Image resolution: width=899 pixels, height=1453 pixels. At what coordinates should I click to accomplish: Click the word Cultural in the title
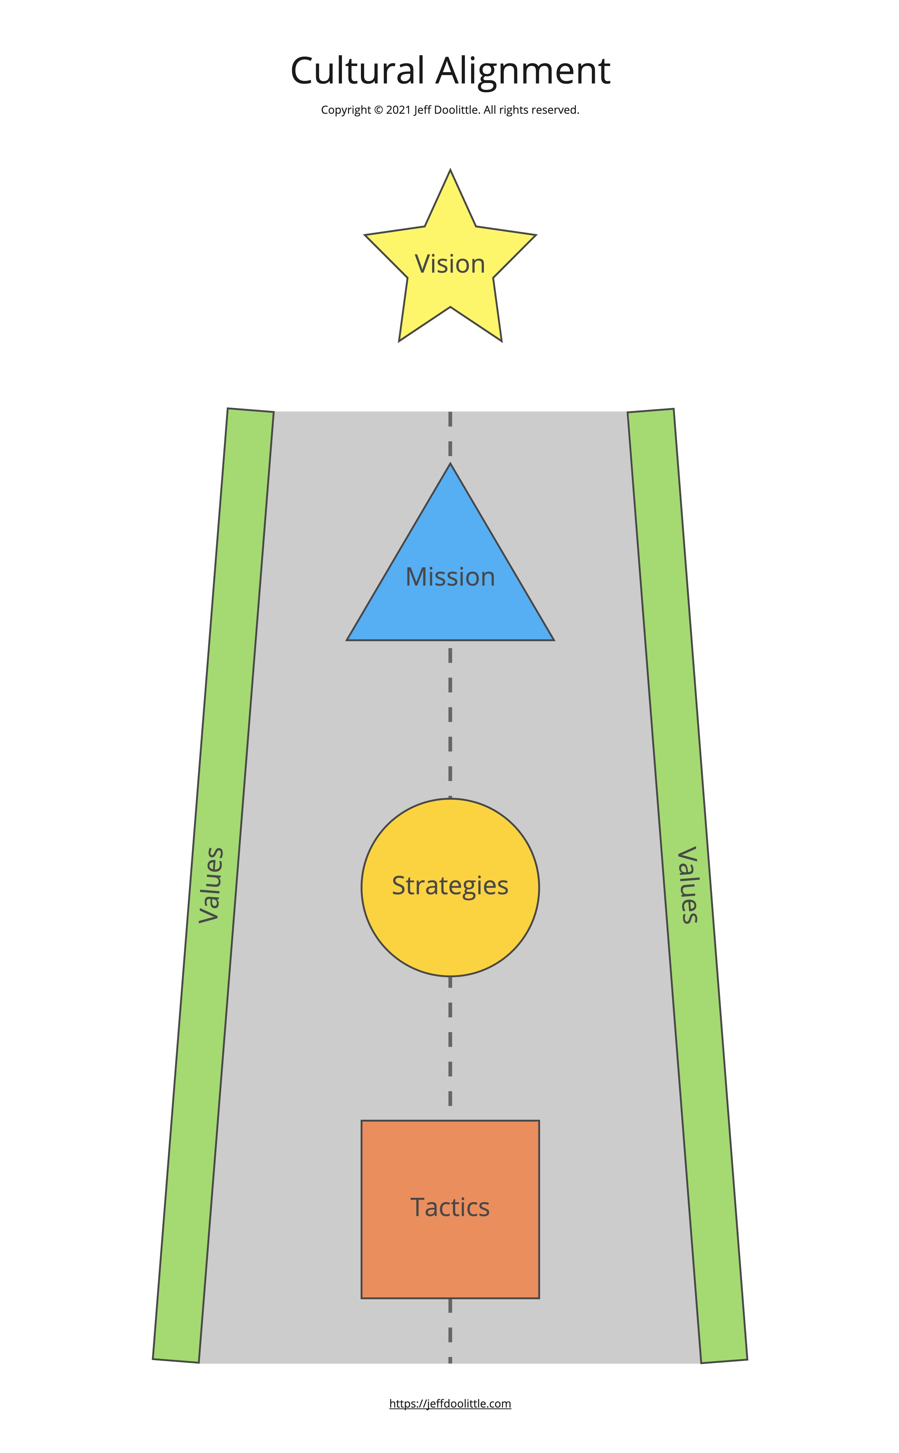coord(357,71)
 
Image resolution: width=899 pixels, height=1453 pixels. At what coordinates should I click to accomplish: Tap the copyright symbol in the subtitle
coord(378,110)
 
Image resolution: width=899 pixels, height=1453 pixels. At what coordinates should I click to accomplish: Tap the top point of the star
coord(450,173)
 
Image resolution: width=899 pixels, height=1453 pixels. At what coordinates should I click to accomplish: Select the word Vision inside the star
coord(450,264)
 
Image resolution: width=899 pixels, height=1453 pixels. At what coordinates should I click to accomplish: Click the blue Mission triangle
coord(450,606)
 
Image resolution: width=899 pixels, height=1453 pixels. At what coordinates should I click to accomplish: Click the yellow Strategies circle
coord(450,927)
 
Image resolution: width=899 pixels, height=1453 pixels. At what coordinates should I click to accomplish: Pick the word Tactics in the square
coord(450,1207)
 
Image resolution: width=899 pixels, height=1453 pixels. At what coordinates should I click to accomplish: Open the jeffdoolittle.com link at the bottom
coord(450,1404)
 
